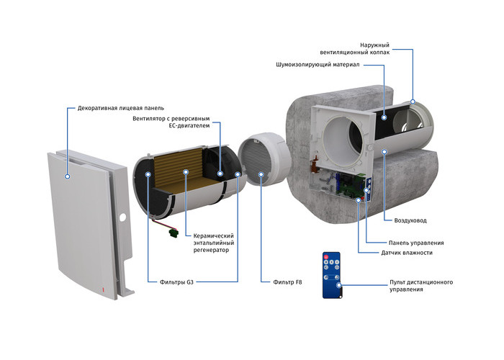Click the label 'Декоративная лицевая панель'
tap(120, 108)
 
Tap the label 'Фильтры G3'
tap(176, 282)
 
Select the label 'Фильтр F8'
tap(287, 282)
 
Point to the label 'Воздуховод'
tap(410, 220)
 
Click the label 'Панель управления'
tap(416, 243)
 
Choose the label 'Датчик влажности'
tap(407, 253)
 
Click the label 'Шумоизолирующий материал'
tap(318, 65)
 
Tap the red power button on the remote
tap(326, 257)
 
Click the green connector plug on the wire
tap(174, 233)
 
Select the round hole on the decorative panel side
tap(122, 217)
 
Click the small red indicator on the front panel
tap(103, 289)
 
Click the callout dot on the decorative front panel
tap(67, 176)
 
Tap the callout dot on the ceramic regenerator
tap(186, 172)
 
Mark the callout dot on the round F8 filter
tap(261, 174)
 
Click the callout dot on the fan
tap(220, 174)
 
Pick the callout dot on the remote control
tap(339, 285)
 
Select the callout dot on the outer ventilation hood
tap(413, 102)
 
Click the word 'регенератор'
tap(211, 250)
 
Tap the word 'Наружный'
tap(374, 45)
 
